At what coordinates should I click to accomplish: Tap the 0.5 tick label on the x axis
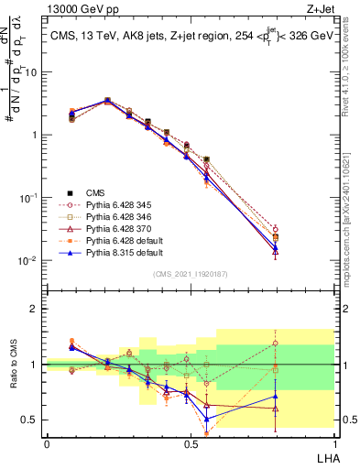coord(191,443)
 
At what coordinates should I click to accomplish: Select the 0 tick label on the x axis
coord(47,443)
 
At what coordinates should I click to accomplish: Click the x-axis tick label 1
coord(333,443)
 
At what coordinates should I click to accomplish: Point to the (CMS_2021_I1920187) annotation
coord(191,273)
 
